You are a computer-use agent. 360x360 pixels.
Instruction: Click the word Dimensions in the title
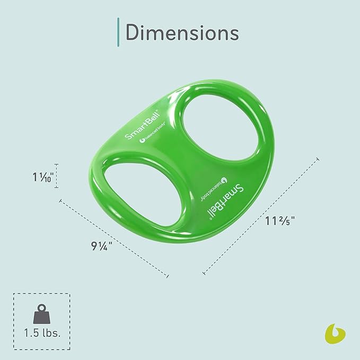coord(182,32)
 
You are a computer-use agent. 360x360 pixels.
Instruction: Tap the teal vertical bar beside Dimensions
coord(117,31)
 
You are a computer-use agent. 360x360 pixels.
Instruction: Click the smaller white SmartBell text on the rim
coord(137,127)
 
